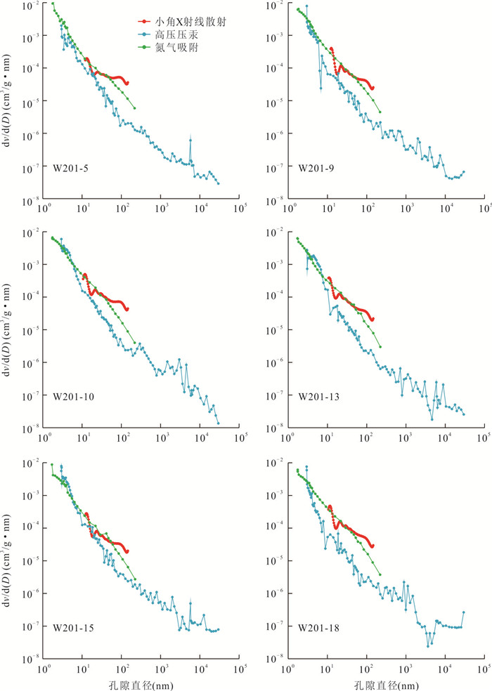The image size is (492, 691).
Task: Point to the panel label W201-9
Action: coord(314,168)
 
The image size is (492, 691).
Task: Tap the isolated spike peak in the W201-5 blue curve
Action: coord(190,140)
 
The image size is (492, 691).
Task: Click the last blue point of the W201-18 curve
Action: coord(464,612)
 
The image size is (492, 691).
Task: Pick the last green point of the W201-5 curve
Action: coord(134,107)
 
